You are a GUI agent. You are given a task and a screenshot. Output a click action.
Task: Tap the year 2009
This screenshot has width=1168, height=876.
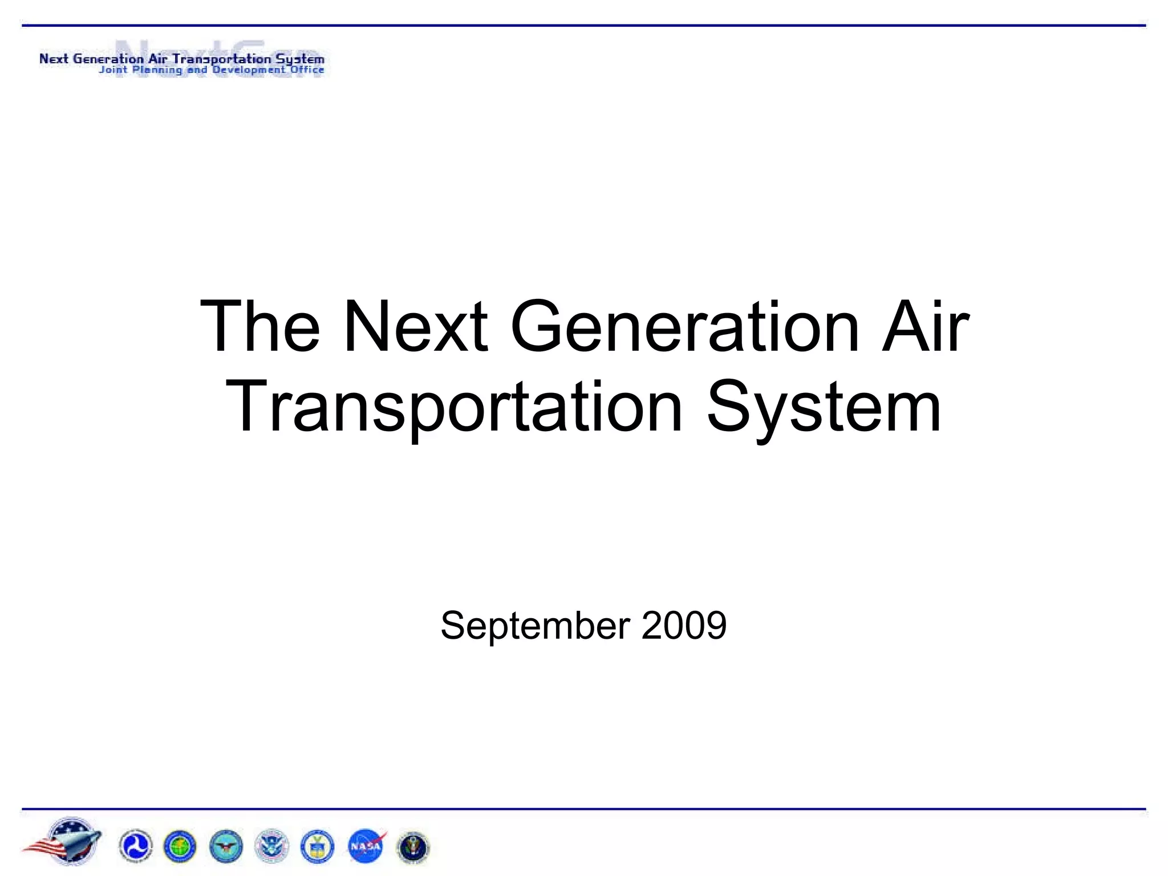[684, 626]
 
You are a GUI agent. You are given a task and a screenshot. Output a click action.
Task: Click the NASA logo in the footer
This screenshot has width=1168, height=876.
[366, 846]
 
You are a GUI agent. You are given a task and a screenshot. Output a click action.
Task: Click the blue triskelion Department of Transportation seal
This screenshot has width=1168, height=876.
[136, 846]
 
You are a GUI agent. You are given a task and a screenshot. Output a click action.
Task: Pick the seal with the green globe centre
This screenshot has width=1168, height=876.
[180, 846]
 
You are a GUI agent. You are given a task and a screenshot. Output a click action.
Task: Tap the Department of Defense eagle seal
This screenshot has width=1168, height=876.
[226, 846]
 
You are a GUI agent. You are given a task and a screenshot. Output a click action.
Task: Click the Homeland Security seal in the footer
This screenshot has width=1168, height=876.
[271, 846]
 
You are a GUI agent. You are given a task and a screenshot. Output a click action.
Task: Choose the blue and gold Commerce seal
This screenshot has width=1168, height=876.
[317, 846]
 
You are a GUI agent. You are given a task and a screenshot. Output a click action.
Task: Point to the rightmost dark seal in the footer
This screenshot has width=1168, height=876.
[412, 846]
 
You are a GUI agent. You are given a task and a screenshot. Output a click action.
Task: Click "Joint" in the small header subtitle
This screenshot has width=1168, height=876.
[112, 70]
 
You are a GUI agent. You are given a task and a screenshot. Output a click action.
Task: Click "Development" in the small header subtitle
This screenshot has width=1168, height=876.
[249, 70]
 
